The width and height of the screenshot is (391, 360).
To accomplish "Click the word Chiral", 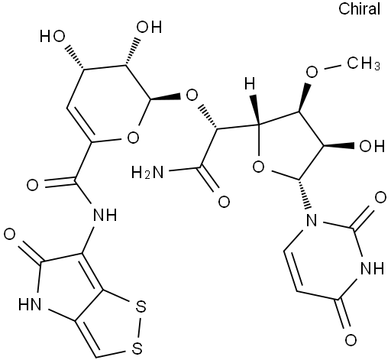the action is coord(359,9).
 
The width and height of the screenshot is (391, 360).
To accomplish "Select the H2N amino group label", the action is coord(147,173).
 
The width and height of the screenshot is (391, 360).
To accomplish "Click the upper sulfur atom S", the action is coord(141,306).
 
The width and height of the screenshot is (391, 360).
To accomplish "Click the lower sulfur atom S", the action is coord(137,349).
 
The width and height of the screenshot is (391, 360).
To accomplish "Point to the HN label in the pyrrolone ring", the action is coord(30,304).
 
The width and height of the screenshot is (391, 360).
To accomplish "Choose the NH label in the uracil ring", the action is coord(373,268).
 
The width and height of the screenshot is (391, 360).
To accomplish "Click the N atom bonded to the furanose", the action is coord(312,220).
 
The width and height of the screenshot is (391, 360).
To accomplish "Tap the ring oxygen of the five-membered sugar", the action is coord(258,167).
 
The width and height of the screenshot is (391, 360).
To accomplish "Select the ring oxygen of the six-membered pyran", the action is coord(133,138).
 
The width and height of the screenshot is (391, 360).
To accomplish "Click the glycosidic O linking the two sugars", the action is coord(192,96).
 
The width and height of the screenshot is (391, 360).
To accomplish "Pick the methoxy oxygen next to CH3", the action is coord(312,72).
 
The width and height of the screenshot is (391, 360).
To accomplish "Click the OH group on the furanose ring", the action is coord(371,146).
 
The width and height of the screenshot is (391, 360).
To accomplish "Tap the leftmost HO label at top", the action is coord(52,37).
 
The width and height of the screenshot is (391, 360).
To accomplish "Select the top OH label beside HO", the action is coord(149,27).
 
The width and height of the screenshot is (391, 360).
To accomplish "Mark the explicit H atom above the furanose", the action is coord(250,84).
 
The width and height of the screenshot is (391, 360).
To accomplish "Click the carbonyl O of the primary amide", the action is coord(224,202).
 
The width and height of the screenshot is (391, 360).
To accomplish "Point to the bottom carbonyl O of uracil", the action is coord(351,339).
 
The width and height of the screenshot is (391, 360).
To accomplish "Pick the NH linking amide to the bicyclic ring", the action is coord(105,215).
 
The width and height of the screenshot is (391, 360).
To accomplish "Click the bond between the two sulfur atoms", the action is coord(139,327).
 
